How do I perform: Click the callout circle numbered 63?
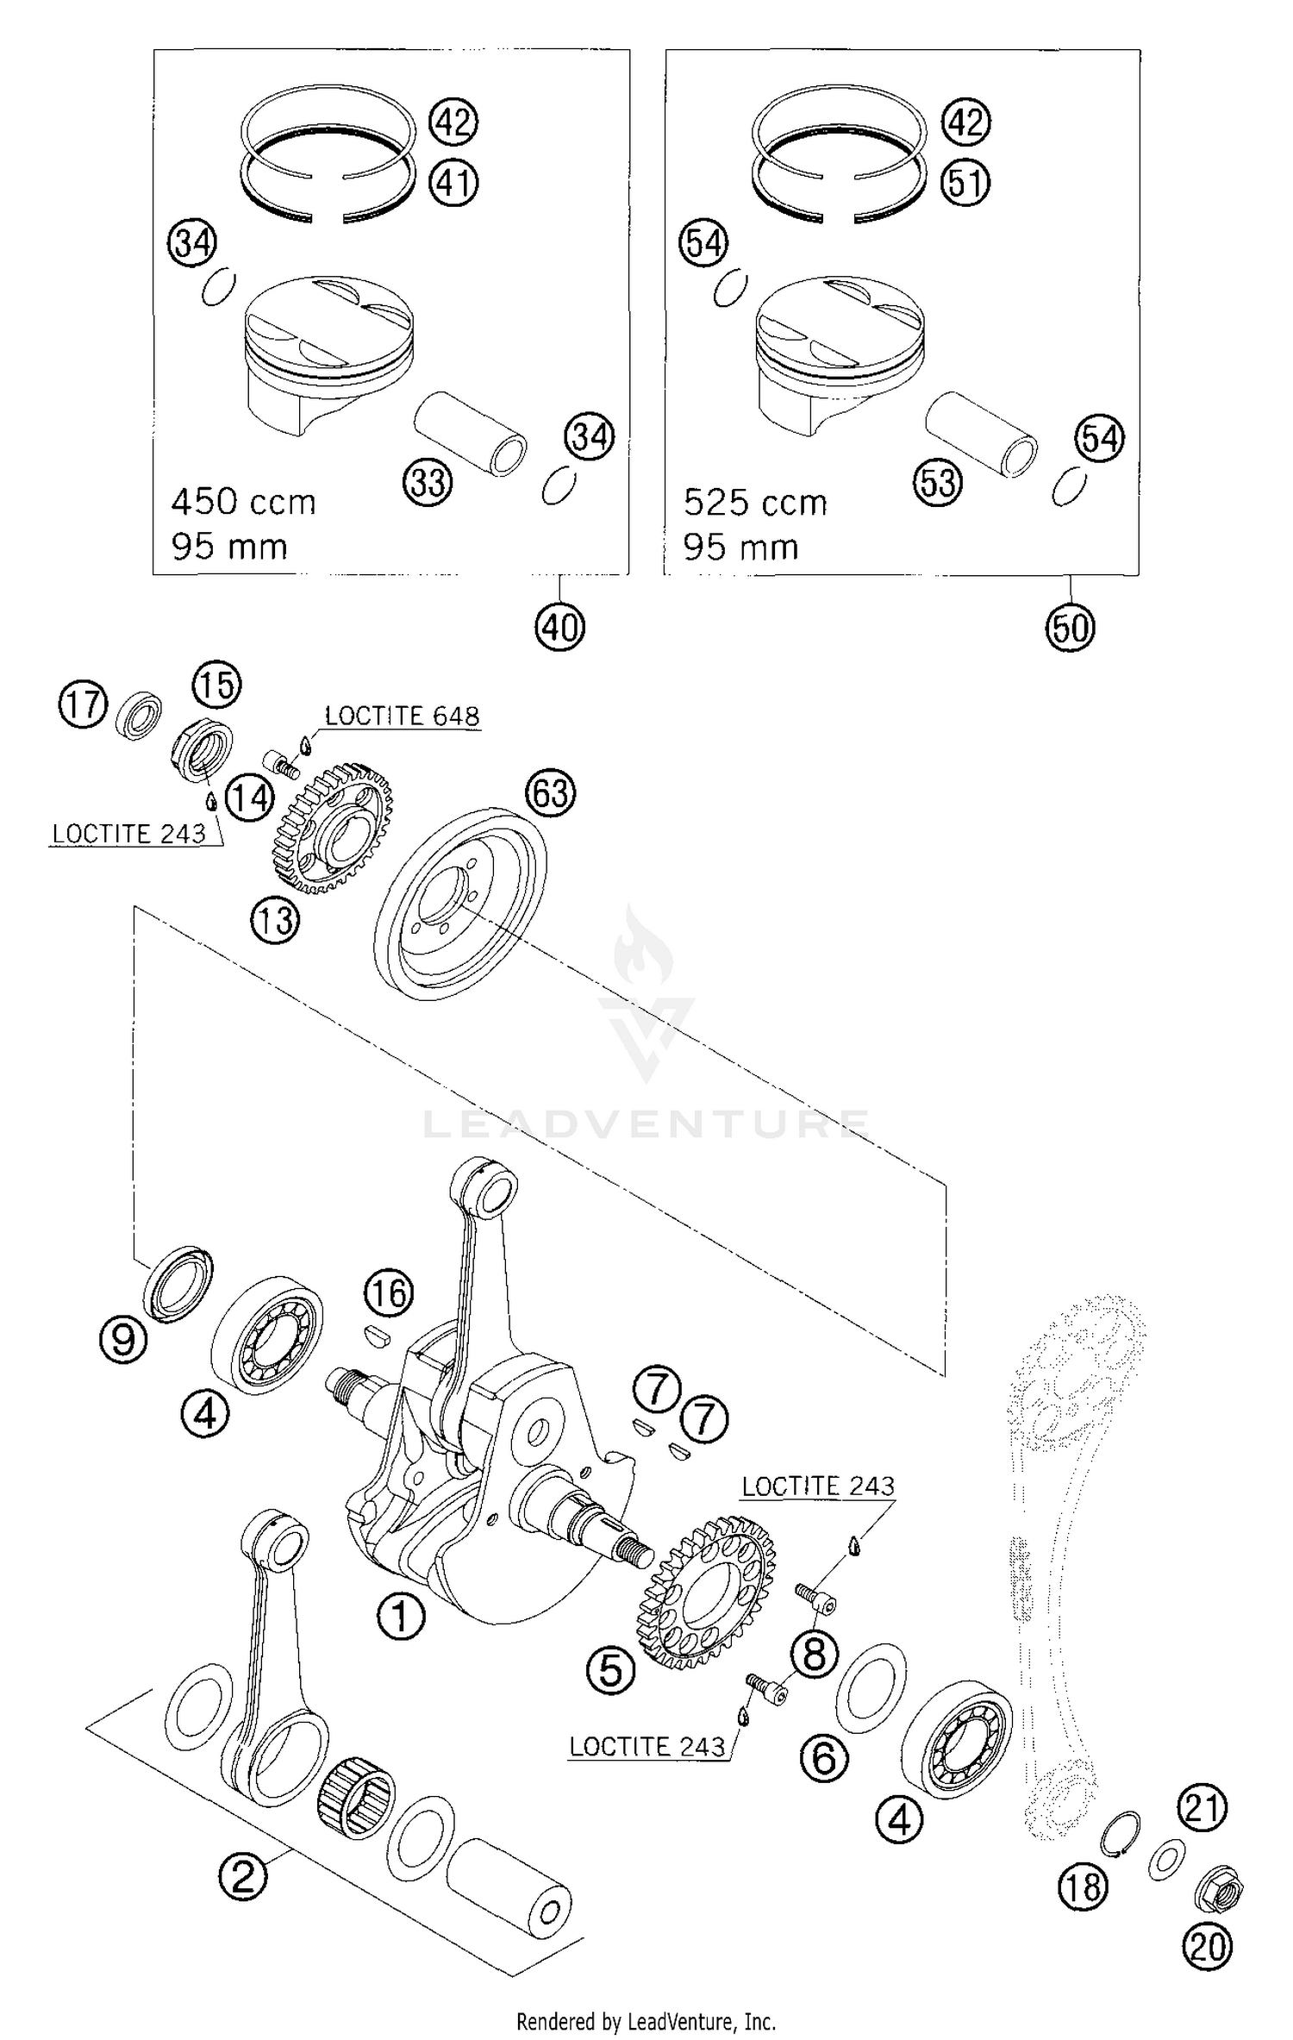[552, 793]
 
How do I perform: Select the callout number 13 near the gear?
[275, 921]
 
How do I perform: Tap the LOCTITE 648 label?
[402, 717]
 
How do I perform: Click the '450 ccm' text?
[244, 502]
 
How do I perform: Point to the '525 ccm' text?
[755, 503]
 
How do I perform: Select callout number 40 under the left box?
[559, 627]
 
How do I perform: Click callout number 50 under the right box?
[1071, 628]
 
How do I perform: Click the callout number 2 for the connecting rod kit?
[244, 1874]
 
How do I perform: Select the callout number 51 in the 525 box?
[965, 184]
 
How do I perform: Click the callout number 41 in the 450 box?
[454, 184]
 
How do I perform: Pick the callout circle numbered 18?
[1083, 1887]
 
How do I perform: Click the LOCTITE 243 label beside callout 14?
[129, 834]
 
